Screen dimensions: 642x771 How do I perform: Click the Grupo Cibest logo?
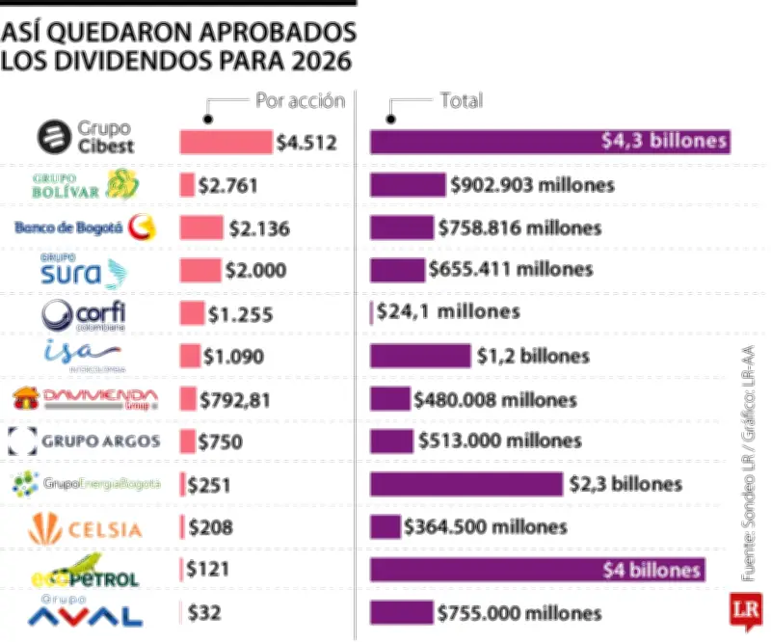tap(86, 138)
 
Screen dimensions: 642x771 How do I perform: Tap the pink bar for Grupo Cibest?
tap(226, 143)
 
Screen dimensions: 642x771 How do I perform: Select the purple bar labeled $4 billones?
tap(537, 570)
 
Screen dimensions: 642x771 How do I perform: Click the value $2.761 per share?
tap(226, 185)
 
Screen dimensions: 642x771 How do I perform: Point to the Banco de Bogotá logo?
tap(84, 227)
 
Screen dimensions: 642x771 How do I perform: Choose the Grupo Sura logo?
tap(84, 272)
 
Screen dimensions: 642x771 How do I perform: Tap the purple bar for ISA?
tap(420, 356)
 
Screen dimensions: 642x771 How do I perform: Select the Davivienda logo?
tap(84, 397)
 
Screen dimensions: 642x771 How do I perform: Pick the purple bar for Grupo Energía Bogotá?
tap(465, 484)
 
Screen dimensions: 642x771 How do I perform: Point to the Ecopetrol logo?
tap(84, 571)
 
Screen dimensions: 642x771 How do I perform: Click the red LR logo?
tap(745, 610)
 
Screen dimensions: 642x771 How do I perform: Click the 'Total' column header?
tap(461, 100)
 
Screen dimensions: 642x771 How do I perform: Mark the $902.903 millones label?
tap(532, 185)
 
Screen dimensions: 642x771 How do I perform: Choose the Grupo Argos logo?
tap(84, 441)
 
